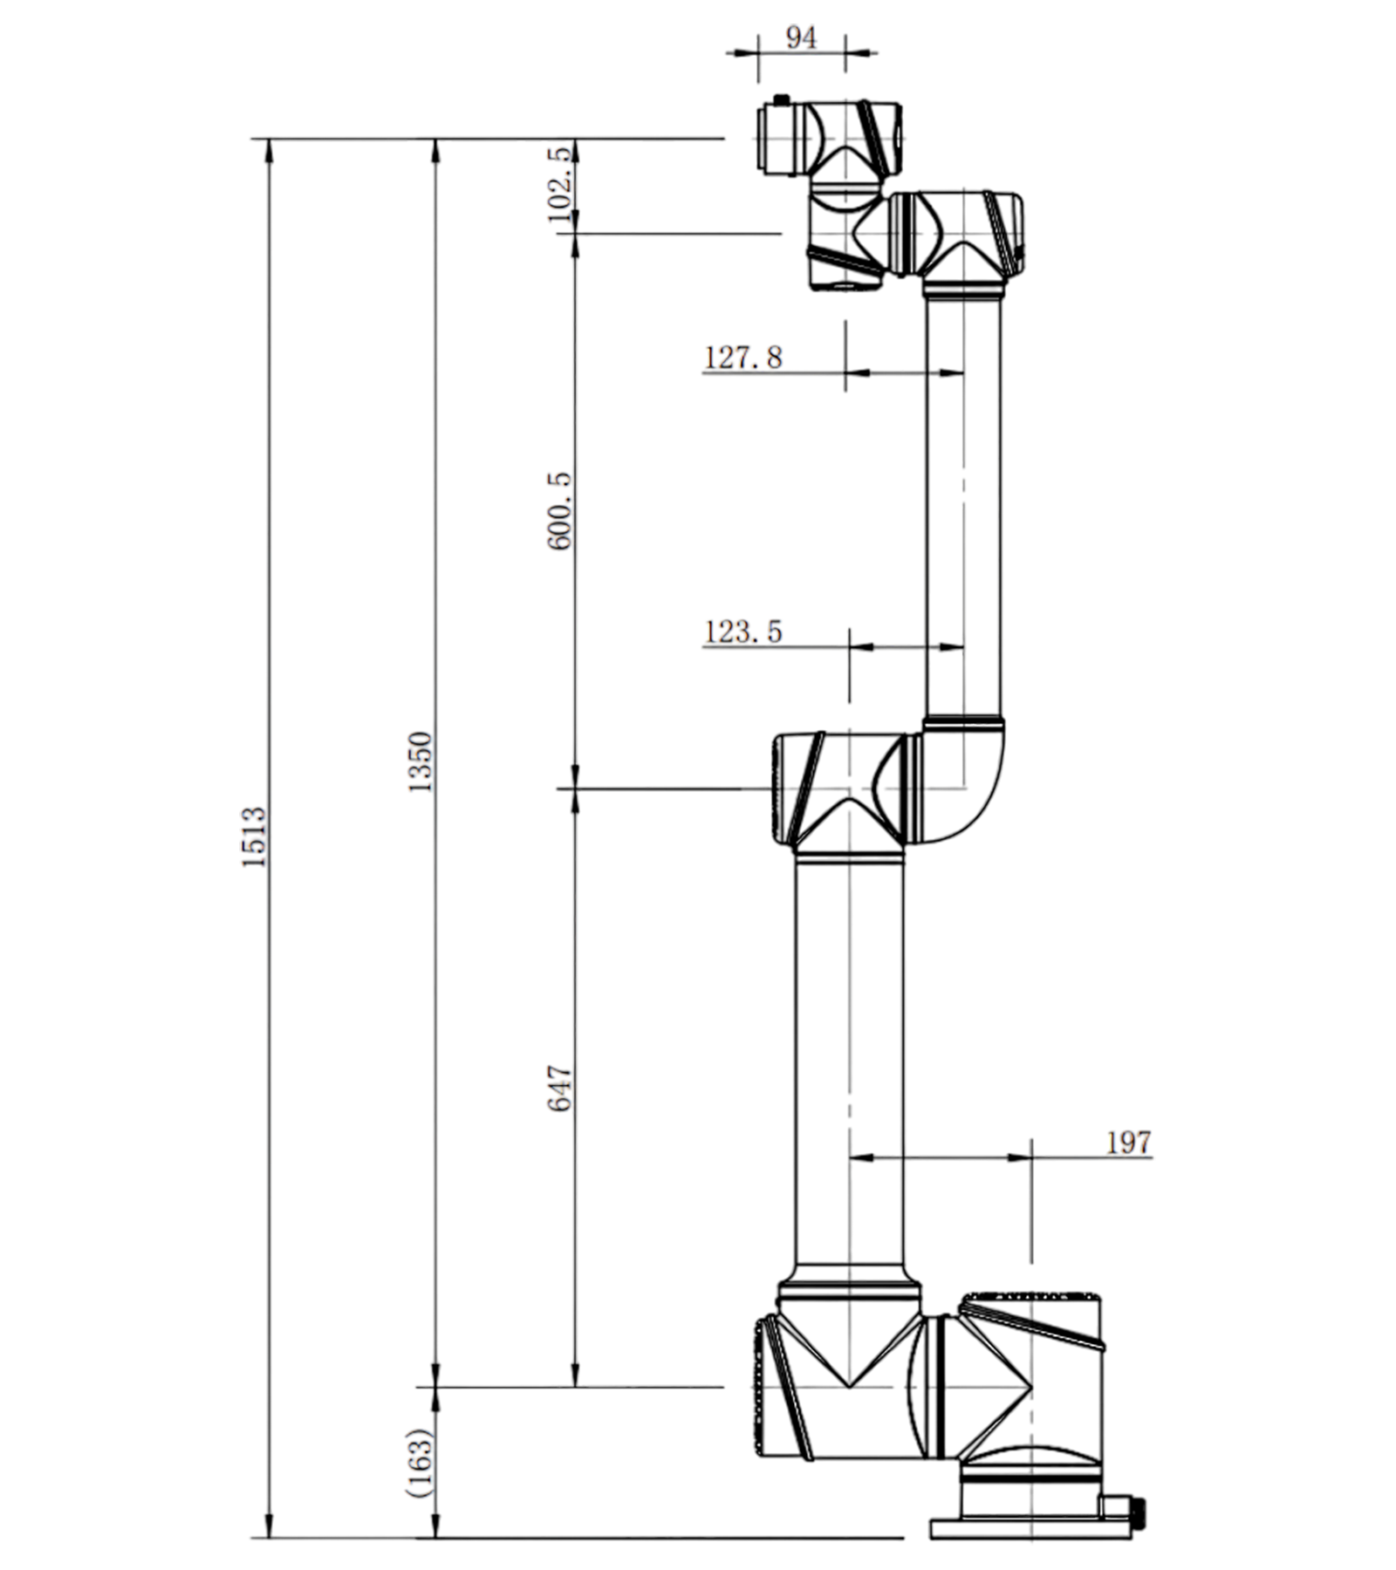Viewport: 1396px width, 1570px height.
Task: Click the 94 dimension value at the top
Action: tap(801, 38)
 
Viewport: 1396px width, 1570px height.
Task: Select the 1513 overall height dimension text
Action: tap(254, 836)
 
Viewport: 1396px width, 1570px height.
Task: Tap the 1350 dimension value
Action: tap(421, 761)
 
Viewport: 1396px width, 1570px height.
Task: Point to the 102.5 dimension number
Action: tap(561, 184)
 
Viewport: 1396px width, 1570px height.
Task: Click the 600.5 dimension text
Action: tap(559, 511)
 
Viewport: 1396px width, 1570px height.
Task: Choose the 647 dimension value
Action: tap(559, 1088)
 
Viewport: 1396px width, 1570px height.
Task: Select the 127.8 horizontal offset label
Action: tap(743, 358)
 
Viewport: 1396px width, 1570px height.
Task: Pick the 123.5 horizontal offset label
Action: tap(743, 631)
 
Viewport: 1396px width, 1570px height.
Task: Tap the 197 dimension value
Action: tap(1129, 1143)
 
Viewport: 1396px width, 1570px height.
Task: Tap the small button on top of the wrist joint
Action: tap(781, 99)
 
